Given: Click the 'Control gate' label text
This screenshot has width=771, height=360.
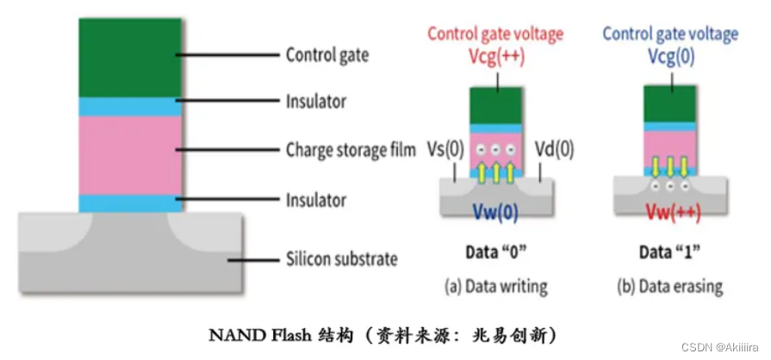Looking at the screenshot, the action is (x=327, y=55).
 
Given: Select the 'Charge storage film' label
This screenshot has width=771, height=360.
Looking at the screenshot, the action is (x=351, y=150).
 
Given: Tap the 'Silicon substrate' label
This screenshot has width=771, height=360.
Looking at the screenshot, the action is (x=342, y=258).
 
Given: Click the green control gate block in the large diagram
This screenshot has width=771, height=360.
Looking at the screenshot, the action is (x=130, y=58).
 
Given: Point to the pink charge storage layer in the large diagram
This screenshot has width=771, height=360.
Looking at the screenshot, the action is (x=130, y=156).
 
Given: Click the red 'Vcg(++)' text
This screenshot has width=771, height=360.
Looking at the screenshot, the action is (x=496, y=59).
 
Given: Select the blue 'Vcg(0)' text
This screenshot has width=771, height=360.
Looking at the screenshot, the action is (x=671, y=58).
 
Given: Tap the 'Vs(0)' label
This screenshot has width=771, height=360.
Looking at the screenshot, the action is (x=446, y=150).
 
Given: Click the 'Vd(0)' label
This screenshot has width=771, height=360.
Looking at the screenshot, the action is (x=554, y=149).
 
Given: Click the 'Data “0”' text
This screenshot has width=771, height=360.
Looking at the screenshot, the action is (x=496, y=252).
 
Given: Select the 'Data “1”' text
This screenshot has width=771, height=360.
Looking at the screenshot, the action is (x=670, y=252).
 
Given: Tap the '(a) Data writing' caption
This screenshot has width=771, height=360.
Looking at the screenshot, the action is (x=495, y=286).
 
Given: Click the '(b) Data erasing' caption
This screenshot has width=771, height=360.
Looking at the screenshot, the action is (x=669, y=286).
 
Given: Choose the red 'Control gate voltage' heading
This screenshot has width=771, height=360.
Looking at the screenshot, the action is (x=495, y=34).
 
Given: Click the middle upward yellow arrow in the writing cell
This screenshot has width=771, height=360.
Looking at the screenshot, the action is (x=496, y=171).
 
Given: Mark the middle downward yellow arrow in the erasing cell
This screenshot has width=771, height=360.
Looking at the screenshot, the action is (x=670, y=167).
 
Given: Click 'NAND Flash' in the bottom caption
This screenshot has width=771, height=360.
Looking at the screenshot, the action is (x=260, y=336).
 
